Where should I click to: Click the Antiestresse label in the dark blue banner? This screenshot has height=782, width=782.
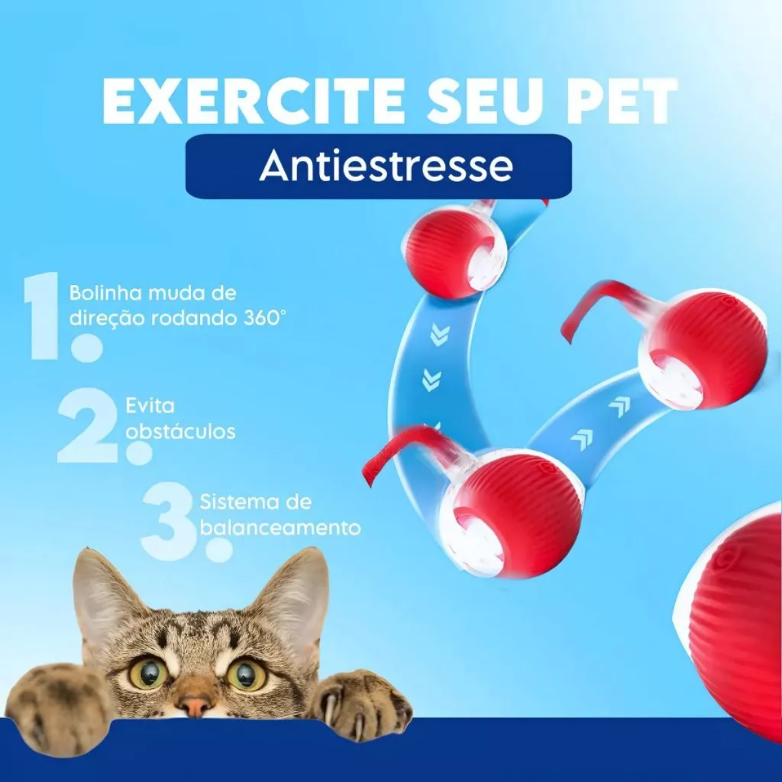click(x=386, y=166)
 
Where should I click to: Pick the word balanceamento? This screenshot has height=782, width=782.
click(x=280, y=528)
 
